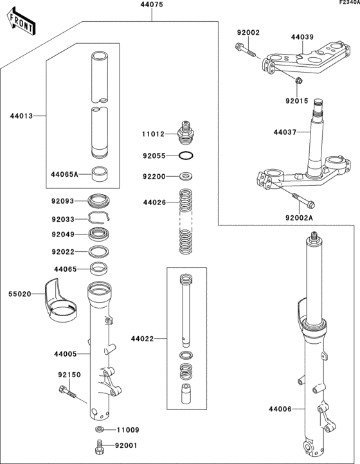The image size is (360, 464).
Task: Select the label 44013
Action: (21, 116)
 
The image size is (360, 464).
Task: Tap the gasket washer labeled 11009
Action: (100, 429)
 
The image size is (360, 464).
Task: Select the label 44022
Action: (142, 338)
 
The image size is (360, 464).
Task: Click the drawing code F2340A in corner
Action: (345, 4)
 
